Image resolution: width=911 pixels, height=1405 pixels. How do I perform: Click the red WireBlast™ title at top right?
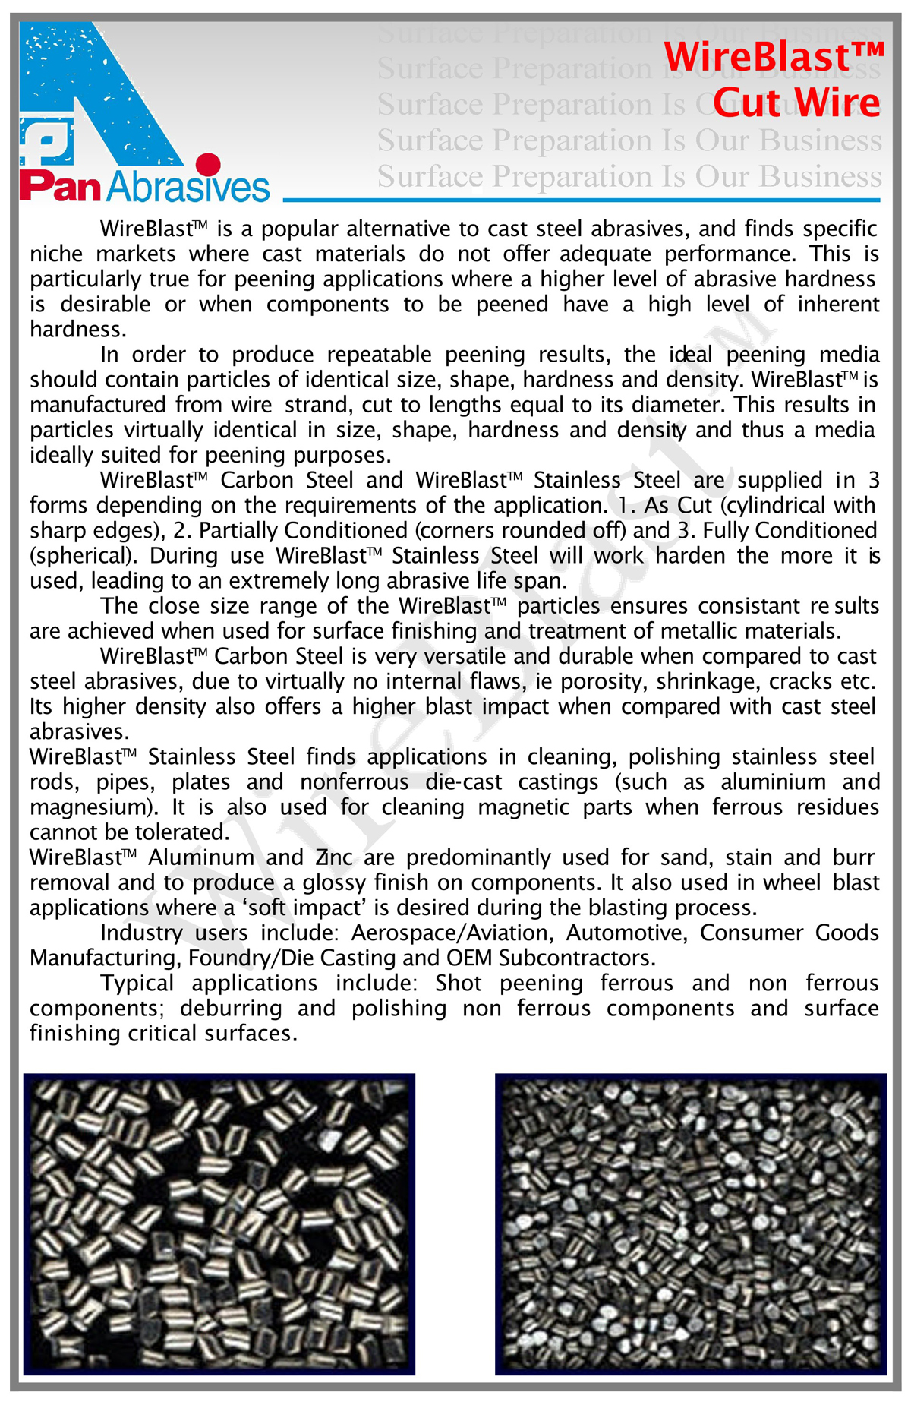tap(774, 57)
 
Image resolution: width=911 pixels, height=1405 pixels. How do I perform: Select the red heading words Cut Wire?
tap(796, 103)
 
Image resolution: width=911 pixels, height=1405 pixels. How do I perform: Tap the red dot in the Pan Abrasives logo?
tap(207, 164)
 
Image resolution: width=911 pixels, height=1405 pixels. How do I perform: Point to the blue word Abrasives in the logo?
tap(188, 187)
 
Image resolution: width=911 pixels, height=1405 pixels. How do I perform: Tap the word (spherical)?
tap(84, 556)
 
